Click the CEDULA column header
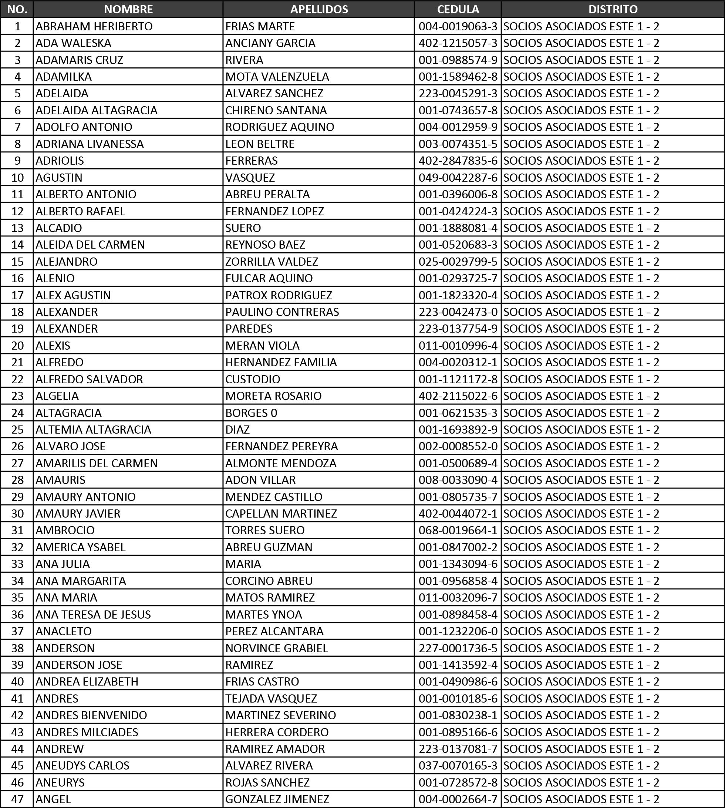[458, 9]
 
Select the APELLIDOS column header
[319, 9]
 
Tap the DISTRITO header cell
[613, 9]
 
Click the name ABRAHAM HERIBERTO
[94, 26]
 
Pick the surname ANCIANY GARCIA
[270, 43]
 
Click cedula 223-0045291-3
[458, 93]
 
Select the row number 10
[17, 177]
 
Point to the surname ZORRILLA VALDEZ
[272, 261]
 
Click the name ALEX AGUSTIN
[73, 295]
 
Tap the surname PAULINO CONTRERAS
[282, 312]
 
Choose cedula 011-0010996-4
[458, 346]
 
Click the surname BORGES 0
[251, 413]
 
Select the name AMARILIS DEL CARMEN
[97, 463]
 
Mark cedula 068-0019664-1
[458, 530]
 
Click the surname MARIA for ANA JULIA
[243, 564]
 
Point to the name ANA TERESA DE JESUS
[93, 615]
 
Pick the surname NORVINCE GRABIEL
[276, 648]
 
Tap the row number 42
[17, 715]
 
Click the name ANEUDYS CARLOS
[82, 765]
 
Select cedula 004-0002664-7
[458, 799]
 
